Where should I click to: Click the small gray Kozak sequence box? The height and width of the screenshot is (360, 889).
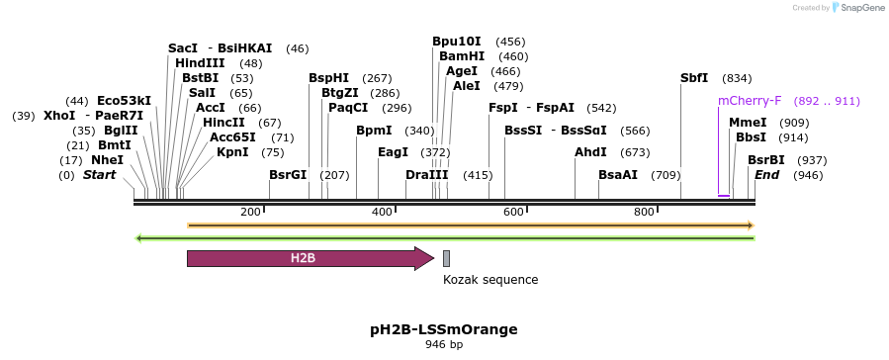(x=446, y=259)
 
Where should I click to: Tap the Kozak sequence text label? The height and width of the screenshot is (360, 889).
(x=490, y=280)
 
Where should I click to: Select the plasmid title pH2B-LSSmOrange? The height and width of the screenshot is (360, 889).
(x=444, y=328)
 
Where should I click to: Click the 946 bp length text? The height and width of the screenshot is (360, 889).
(x=444, y=345)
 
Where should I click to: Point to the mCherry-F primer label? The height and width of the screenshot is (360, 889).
(x=750, y=101)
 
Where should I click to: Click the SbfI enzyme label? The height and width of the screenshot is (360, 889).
(x=694, y=78)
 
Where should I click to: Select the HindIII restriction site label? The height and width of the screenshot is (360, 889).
(x=200, y=63)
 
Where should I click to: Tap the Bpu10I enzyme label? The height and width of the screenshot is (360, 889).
(x=457, y=42)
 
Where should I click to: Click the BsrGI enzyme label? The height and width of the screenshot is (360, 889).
(x=288, y=175)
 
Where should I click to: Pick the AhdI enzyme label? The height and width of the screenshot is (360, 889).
(x=591, y=152)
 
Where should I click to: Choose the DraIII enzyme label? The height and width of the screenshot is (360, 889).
(x=427, y=175)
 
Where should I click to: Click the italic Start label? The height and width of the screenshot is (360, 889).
(x=99, y=175)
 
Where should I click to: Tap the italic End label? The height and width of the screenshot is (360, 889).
(x=767, y=175)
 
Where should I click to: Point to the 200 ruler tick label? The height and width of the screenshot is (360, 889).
(x=250, y=212)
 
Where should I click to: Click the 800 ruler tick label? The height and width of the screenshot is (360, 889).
(x=644, y=212)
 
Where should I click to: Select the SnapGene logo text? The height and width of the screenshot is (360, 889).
(x=861, y=8)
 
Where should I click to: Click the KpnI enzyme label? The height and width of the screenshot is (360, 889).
(x=232, y=152)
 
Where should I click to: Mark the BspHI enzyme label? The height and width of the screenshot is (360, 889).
(x=328, y=78)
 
